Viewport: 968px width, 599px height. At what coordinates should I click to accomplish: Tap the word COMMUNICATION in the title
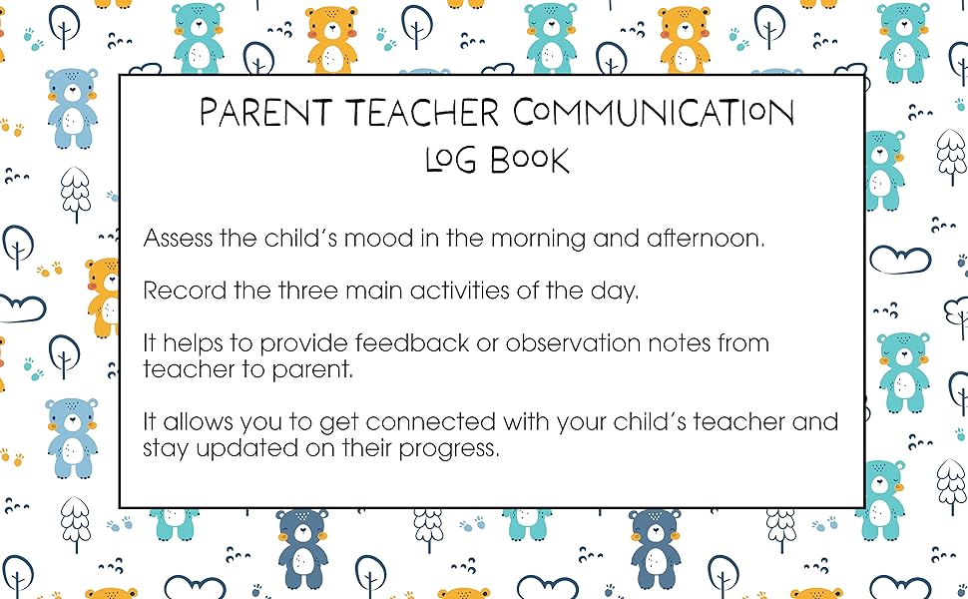point(654,112)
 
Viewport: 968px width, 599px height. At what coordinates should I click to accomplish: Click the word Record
point(179,291)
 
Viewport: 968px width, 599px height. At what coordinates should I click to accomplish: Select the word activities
point(476,291)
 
